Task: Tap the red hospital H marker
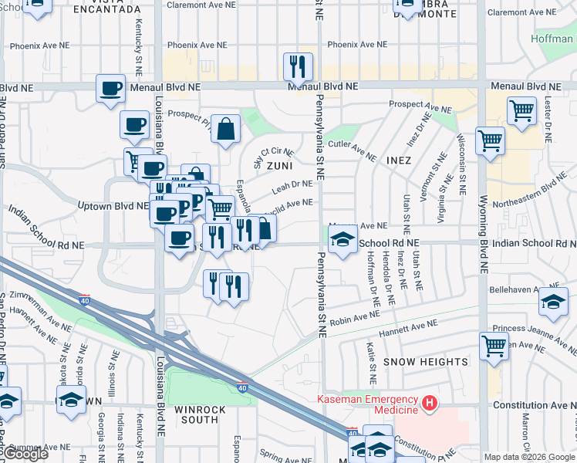[429, 404]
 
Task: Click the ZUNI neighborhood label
[280, 165]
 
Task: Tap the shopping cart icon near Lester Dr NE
[521, 110]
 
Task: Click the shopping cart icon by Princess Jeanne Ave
[494, 346]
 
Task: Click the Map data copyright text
[530, 457]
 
